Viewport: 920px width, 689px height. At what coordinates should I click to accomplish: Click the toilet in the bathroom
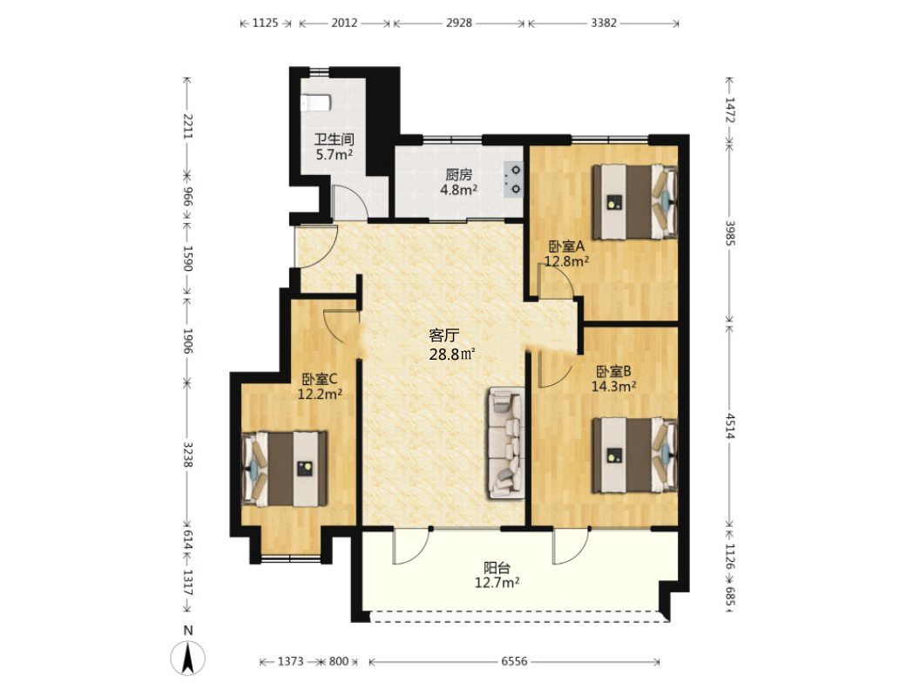coord(315,103)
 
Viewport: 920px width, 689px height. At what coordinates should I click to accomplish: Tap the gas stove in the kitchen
coord(513,179)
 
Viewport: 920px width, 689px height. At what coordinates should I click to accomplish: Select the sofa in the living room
coord(506,443)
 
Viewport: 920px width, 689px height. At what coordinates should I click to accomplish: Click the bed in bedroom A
coord(634,202)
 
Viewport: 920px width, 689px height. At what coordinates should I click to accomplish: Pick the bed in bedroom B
coord(634,455)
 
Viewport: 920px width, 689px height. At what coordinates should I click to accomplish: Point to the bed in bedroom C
coord(285,469)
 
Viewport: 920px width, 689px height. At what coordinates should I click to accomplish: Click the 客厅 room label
coord(443,335)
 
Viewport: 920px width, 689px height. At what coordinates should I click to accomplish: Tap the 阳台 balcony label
coord(497,568)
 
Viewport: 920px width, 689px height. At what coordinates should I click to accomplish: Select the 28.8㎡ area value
coord(452,355)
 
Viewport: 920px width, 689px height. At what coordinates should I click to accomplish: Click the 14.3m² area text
coord(613,387)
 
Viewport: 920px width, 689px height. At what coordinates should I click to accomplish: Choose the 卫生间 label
coord(334,139)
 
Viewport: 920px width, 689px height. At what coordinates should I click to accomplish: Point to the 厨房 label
coord(458,175)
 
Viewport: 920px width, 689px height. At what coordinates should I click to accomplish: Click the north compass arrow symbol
coord(188,658)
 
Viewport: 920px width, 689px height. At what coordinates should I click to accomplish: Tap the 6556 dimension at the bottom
coord(514,661)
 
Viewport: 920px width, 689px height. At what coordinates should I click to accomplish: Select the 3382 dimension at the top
coord(604,23)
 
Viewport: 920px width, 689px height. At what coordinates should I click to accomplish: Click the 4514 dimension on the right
coord(729,426)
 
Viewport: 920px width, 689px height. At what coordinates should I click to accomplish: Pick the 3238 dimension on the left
coord(188,455)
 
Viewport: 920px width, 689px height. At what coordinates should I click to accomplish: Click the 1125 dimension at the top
coord(265,23)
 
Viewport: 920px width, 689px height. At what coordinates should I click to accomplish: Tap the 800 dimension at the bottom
coord(339,661)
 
